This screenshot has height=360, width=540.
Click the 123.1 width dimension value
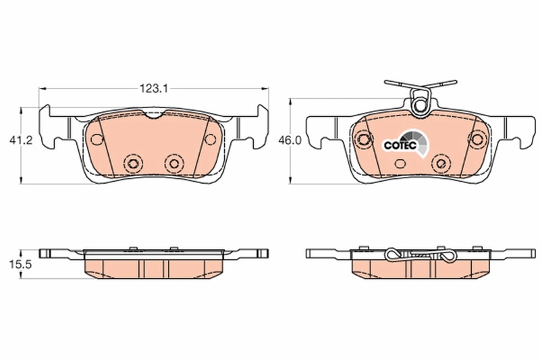tap(153, 89)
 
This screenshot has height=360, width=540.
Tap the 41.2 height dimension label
tap(21, 140)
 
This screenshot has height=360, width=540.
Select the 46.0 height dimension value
tap(290, 140)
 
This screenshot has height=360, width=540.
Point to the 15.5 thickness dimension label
tap(20, 265)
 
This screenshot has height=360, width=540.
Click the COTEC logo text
tap(400, 145)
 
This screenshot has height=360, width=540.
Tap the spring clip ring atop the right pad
tap(419, 105)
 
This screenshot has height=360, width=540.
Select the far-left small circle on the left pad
tap(97, 139)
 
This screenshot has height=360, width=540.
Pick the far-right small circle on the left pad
tap(210, 139)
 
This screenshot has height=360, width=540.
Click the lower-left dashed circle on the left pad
tap(134, 163)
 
